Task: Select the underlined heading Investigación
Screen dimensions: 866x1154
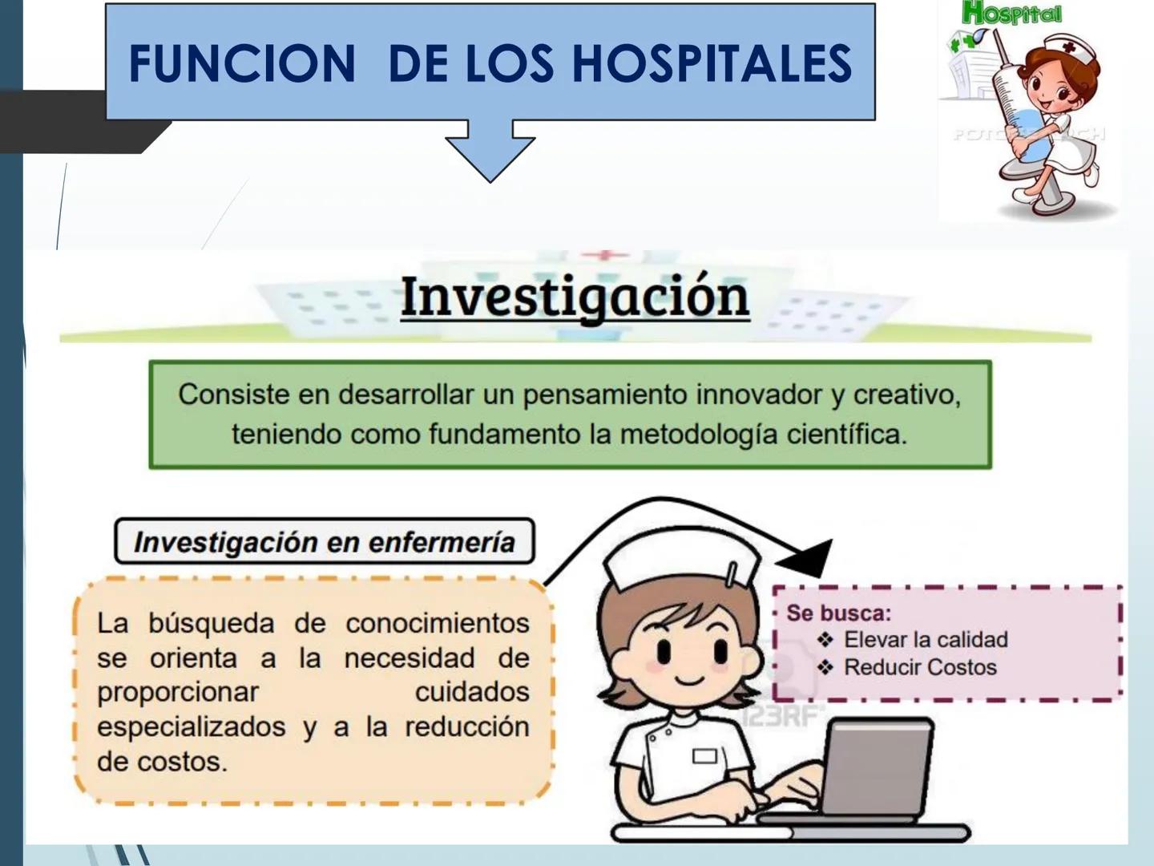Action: click(575, 297)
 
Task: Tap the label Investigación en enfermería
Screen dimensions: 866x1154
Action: click(324, 542)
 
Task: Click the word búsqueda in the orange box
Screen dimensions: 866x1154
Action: click(211, 623)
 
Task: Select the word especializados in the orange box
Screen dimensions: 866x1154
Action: click(191, 727)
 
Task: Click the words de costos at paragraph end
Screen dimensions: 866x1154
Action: click(162, 762)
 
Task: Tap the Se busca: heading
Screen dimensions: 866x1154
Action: click(838, 613)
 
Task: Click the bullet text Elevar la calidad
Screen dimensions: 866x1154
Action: click(926, 640)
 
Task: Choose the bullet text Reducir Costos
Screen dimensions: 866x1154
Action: click(920, 667)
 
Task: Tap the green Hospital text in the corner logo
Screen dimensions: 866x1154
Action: click(1011, 14)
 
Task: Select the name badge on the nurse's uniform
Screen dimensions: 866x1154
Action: click(704, 755)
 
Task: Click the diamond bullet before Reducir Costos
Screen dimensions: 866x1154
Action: click(825, 667)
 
